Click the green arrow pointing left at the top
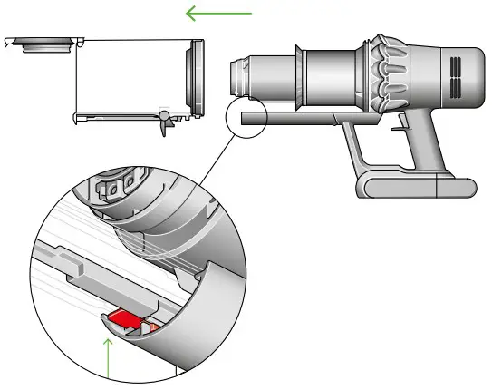tap(218, 13)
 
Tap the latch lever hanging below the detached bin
tap(164, 122)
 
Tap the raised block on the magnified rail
tap(77, 268)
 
